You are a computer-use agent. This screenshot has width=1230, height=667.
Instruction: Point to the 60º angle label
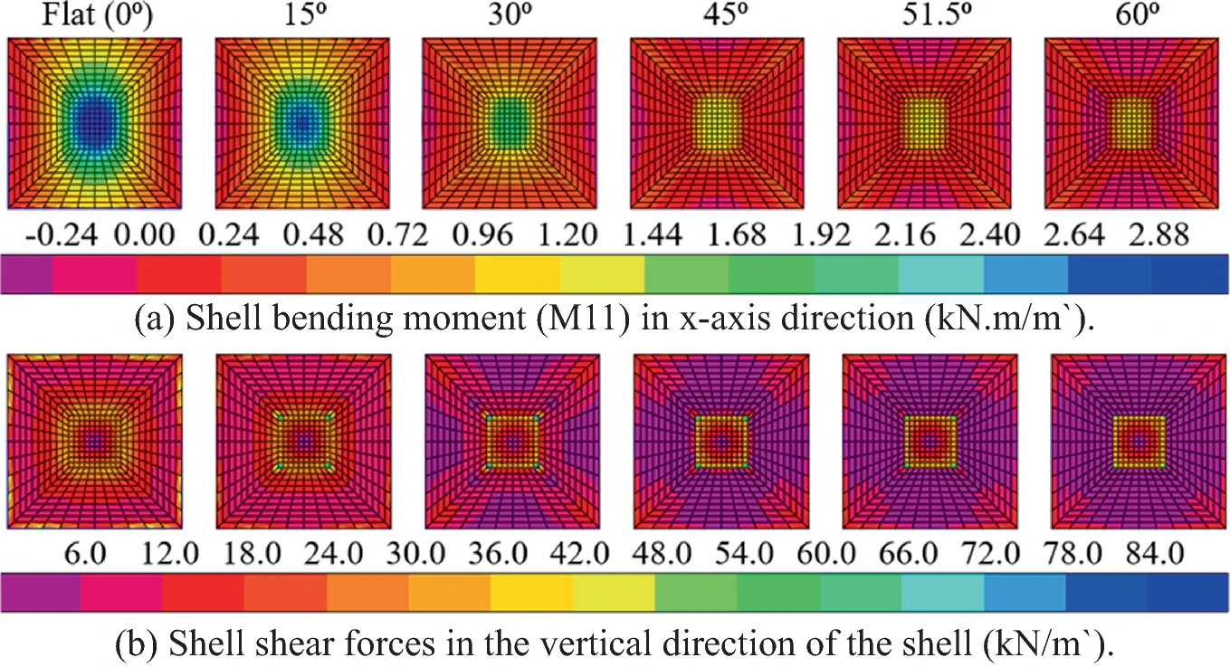[x=1133, y=17]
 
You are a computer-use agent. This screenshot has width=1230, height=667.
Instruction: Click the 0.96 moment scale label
[x=483, y=236]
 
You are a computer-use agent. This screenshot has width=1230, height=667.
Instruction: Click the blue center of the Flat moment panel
[x=93, y=118]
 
